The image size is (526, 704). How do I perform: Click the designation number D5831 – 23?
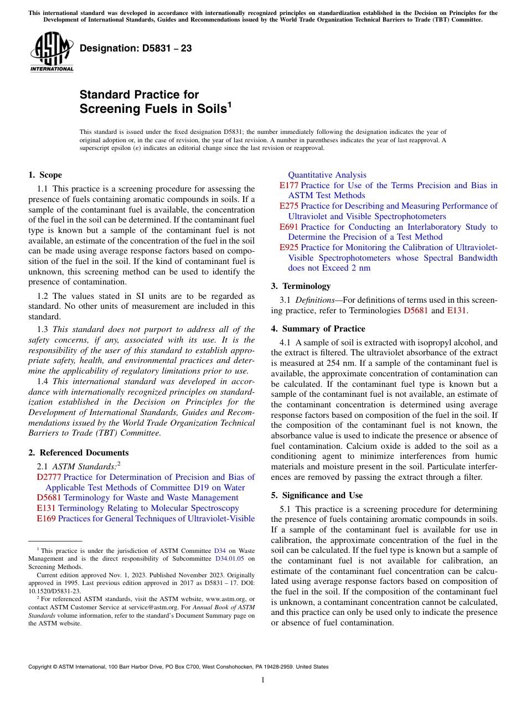136,48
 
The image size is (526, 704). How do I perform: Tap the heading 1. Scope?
45,175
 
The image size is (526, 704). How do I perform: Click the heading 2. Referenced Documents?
78,453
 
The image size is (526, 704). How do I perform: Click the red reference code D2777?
49,477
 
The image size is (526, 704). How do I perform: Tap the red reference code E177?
288,185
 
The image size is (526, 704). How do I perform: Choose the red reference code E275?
288,206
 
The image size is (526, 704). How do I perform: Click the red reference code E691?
288,227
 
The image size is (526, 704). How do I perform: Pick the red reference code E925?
288,247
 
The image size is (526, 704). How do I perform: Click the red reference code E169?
46,519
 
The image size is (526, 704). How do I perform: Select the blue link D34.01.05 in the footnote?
230,559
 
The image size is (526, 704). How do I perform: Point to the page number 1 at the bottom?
263,680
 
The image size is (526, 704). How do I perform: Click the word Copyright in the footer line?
41,667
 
